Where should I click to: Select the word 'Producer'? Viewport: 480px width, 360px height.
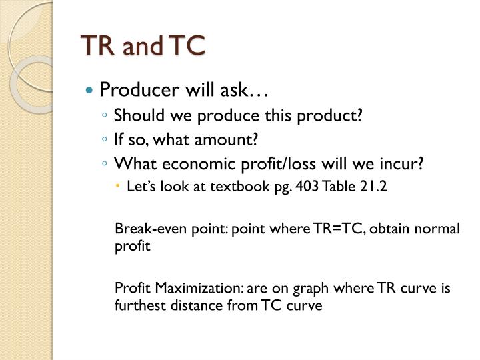point(129,89)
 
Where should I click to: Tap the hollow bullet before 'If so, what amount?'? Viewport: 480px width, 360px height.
point(106,141)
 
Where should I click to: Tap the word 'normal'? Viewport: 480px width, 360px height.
point(437,229)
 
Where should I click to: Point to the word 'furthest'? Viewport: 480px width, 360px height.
point(137,305)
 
